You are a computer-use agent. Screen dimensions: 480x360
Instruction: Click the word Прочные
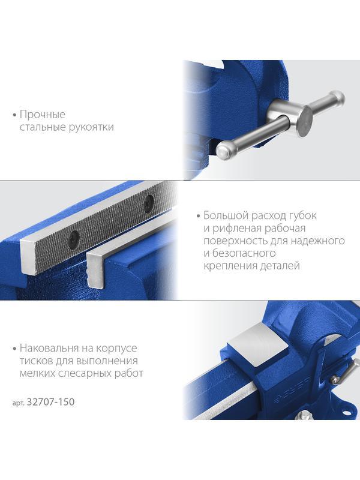coord(42,114)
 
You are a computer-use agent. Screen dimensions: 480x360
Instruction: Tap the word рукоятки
coord(91,127)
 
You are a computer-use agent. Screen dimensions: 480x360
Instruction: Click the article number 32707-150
coord(50,401)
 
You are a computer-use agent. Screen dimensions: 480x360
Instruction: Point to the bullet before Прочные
coord(14,115)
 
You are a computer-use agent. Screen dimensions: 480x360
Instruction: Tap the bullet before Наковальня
coord(14,349)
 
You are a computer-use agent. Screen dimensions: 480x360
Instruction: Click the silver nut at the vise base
coord(305,415)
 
